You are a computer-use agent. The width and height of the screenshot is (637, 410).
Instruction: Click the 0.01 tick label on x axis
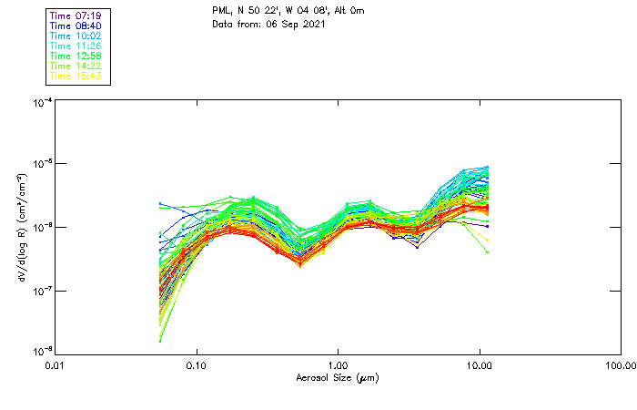pyautogui.click(x=56, y=365)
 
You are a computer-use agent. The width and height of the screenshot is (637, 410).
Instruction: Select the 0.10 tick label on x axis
pyautogui.click(x=197, y=365)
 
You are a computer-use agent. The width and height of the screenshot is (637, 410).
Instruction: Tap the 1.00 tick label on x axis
pyautogui.click(x=339, y=365)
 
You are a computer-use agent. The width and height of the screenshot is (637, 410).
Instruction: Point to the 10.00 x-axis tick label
pyautogui.click(x=480, y=365)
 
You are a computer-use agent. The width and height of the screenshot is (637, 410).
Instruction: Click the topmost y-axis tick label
pyautogui.click(x=42, y=104)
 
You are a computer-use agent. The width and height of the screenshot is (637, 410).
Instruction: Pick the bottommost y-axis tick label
pyautogui.click(x=42, y=351)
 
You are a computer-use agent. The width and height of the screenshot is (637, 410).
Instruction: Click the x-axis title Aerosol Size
pyautogui.click(x=338, y=377)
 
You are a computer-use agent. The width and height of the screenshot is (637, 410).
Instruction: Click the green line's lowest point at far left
pyautogui.click(x=160, y=341)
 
